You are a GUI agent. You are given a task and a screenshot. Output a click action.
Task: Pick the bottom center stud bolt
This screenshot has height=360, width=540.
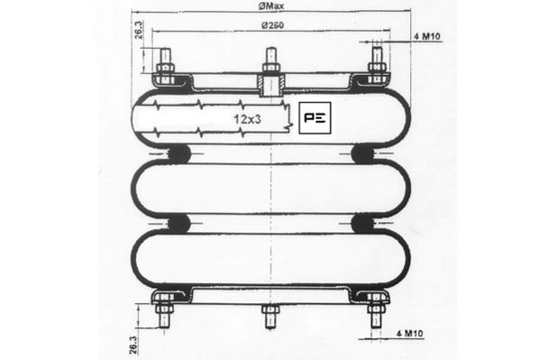[x=271, y=317]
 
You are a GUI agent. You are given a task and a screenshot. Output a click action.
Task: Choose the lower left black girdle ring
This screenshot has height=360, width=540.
[x=178, y=223]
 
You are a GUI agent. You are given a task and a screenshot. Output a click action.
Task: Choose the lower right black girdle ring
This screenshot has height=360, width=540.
[x=365, y=223]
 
